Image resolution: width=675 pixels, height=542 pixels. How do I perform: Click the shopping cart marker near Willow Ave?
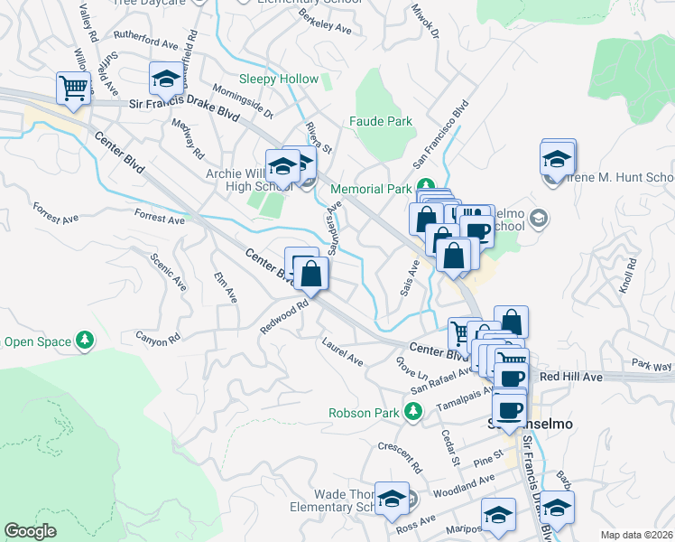pyautogui.click(x=73, y=89)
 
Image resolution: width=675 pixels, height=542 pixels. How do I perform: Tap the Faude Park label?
pyautogui.click(x=380, y=121)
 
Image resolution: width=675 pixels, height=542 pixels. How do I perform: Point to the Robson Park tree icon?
pyautogui.click(x=413, y=412)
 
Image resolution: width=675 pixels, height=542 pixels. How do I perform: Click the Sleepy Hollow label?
pyautogui.click(x=278, y=79)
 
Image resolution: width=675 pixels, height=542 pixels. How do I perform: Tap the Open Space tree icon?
pyautogui.click(x=85, y=341)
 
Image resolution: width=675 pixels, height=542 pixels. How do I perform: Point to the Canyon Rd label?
pyautogui.click(x=158, y=338)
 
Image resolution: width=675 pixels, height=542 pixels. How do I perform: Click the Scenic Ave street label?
pyautogui.click(x=169, y=271)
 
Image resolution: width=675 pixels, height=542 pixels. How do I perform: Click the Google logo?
pyautogui.click(x=30, y=531)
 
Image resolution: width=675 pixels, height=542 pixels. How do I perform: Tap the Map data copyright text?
pyautogui.click(x=634, y=535)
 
